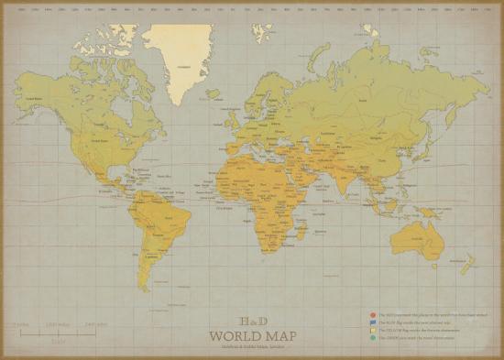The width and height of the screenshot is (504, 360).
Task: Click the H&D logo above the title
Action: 252,322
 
